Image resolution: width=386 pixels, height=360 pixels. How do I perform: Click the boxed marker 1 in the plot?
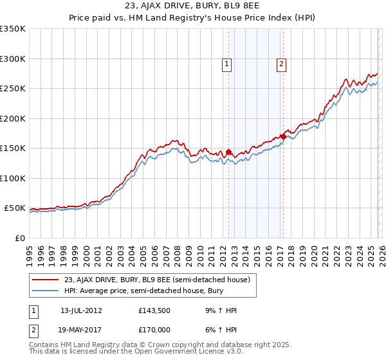[228, 64]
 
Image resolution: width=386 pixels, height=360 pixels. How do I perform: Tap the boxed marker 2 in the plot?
[282, 64]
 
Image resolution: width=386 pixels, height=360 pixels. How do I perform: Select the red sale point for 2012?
[228, 152]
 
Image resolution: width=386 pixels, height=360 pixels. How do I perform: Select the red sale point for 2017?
[283, 136]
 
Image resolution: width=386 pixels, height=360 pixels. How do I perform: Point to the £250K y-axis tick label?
[13, 89]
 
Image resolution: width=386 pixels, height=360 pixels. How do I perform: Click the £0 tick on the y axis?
[19, 238]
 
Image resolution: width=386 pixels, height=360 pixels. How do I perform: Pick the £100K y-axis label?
[13, 178]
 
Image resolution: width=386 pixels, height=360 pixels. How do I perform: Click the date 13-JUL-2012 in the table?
[81, 310]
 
